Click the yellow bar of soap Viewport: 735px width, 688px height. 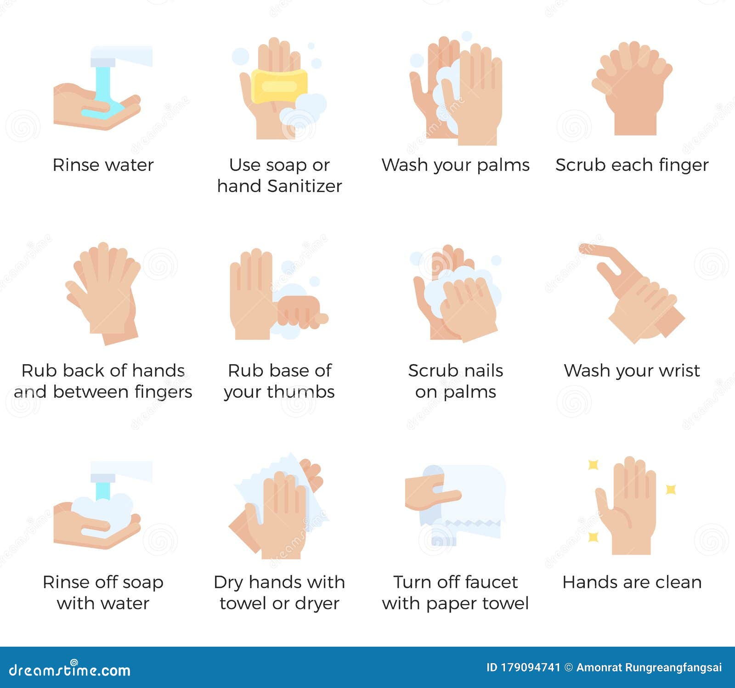click(x=279, y=86)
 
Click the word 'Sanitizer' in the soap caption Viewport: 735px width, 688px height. click(x=305, y=186)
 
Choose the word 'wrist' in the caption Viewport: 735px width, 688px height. click(x=678, y=371)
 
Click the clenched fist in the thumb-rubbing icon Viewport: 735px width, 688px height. click(x=299, y=311)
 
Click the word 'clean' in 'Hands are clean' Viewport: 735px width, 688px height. click(x=678, y=582)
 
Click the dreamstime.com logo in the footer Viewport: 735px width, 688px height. click(x=70, y=670)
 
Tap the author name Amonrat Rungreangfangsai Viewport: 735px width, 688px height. click(x=649, y=667)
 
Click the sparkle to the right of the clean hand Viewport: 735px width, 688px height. click(x=671, y=489)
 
